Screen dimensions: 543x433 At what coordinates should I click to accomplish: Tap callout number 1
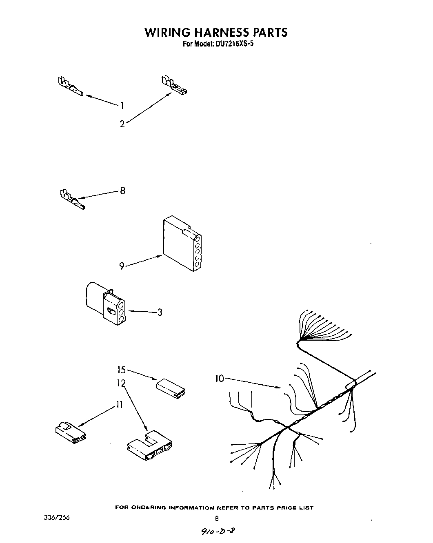coord(122,106)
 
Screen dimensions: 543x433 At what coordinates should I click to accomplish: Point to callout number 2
coord(122,124)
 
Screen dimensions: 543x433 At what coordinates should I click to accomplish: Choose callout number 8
coord(122,191)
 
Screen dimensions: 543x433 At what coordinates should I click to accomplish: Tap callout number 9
coord(122,266)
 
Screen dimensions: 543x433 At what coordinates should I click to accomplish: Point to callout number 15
coord(121,370)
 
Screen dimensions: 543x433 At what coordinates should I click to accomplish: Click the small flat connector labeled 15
coord(171,388)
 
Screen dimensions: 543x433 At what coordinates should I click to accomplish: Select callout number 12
coord(121,383)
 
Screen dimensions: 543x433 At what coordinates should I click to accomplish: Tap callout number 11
coord(119,405)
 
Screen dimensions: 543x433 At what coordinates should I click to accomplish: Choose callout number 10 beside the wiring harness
coord(220,379)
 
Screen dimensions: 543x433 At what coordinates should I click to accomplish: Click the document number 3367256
coord(57,517)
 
